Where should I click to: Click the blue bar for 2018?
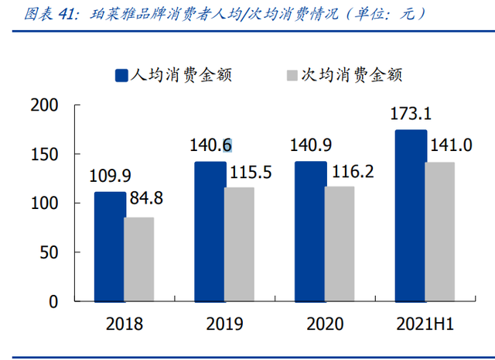click(110, 247)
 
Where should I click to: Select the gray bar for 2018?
click(139, 259)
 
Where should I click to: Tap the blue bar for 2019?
click(210, 231)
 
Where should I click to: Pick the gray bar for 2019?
click(239, 244)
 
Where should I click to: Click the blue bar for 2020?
click(309, 231)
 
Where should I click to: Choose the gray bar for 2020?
click(339, 244)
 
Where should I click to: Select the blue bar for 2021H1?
click(410, 216)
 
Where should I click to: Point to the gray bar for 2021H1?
click(439, 231)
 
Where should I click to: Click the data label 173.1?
click(411, 114)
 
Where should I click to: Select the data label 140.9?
click(311, 145)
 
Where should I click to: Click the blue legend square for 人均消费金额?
click(121, 75)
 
